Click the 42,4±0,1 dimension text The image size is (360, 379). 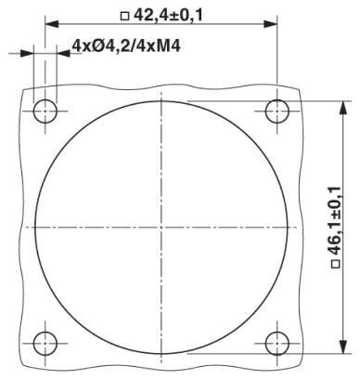pos(168,15)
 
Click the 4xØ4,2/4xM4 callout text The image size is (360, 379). pos(126,46)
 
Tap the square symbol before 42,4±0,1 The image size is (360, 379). pos(124,16)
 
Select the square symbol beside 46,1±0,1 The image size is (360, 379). pos(336,265)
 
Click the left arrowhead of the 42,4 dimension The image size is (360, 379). pos(52,23)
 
